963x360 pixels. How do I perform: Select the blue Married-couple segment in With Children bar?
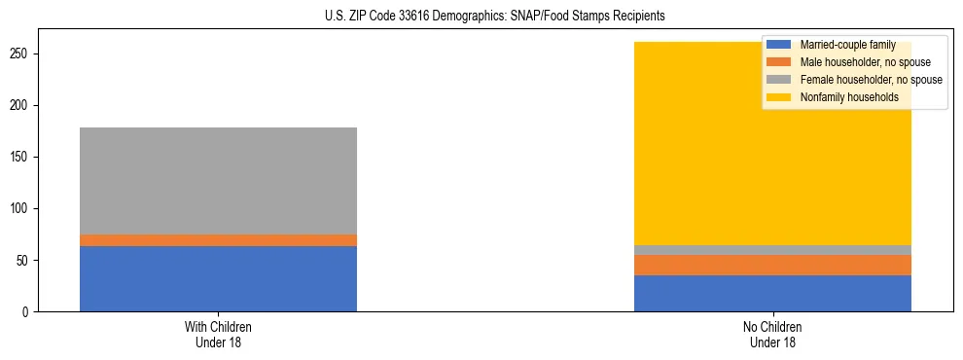point(218,278)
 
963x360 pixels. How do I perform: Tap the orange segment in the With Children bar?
point(218,240)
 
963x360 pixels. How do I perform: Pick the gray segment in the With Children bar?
point(218,181)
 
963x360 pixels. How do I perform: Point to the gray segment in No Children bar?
point(772,250)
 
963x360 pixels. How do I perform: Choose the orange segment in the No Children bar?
point(772,265)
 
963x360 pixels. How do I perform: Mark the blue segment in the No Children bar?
point(772,293)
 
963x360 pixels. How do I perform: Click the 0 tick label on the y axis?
point(27,312)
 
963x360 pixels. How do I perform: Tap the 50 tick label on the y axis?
point(24,261)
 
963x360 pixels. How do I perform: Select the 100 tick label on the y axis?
point(21,209)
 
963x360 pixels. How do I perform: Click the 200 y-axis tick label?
point(21,105)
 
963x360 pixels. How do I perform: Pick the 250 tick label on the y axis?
point(21,54)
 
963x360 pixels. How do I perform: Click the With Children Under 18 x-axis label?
point(218,335)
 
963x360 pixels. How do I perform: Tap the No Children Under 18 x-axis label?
point(772,335)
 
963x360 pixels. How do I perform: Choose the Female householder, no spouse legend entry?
point(862,80)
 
